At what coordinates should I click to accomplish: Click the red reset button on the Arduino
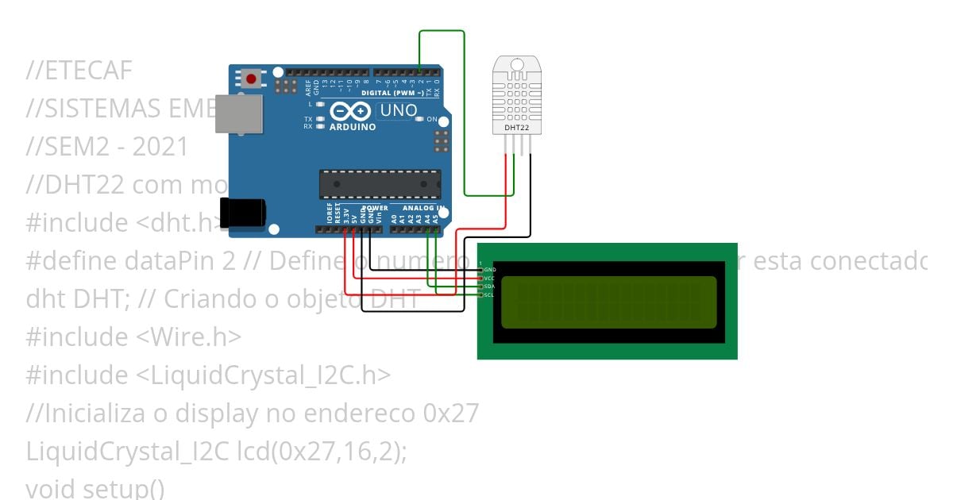pos(252,79)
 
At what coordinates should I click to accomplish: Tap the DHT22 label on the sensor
pos(517,127)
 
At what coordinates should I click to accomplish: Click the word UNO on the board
pos(398,110)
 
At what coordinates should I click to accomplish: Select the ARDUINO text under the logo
pos(353,127)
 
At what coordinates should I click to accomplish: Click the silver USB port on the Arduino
pos(237,113)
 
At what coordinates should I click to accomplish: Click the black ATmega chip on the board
pos(380,183)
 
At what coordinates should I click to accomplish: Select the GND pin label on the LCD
pos(489,270)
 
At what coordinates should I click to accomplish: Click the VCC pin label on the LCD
pos(489,279)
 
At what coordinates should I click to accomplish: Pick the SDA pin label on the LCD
pos(489,287)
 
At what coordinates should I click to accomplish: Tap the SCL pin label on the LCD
pos(489,295)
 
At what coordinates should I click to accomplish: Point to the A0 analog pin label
pos(394,216)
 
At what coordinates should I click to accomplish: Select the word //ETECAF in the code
pos(79,71)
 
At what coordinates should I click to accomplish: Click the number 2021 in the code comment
pos(160,147)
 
